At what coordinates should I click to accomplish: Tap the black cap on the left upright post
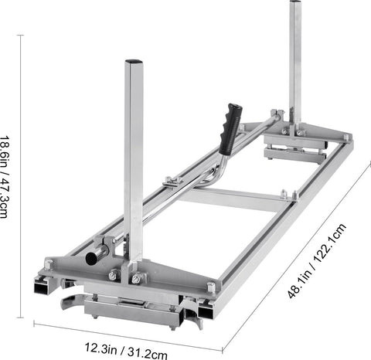coord(133,60)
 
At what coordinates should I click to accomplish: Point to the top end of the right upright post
coord(295,4)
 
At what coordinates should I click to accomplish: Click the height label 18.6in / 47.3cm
coord(7,177)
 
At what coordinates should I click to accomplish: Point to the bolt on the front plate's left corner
coord(49,264)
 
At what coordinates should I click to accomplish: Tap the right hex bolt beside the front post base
coord(137,278)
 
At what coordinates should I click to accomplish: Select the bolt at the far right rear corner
coord(346,138)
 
